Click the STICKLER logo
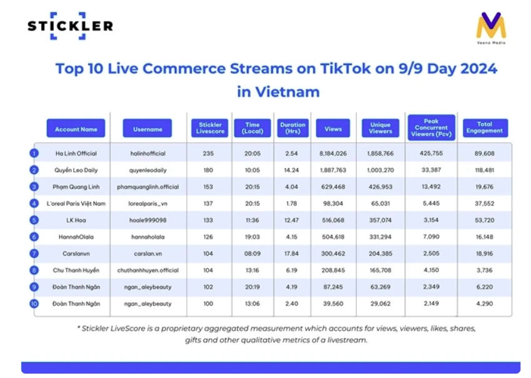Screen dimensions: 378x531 coord(70,26)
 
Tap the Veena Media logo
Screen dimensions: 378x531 coord(490,28)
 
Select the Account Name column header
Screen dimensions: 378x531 coord(76,129)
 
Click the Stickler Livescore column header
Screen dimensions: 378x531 coord(209,128)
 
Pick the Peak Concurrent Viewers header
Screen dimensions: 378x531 coord(431,127)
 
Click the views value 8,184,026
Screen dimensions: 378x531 coord(333,153)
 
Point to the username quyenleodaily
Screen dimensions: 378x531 coord(147,169)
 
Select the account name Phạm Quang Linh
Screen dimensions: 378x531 coord(76,186)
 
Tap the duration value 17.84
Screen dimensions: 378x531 coord(292,254)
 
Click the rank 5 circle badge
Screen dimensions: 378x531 coord(34,221)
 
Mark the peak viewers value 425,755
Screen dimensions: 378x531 coord(431,153)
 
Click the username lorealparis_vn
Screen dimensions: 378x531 coord(147,204)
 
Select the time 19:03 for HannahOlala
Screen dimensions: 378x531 coord(252,237)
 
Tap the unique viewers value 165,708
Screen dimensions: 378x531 coord(380,271)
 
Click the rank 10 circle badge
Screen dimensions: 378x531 coord(34,304)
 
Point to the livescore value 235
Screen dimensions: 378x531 coord(209,153)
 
